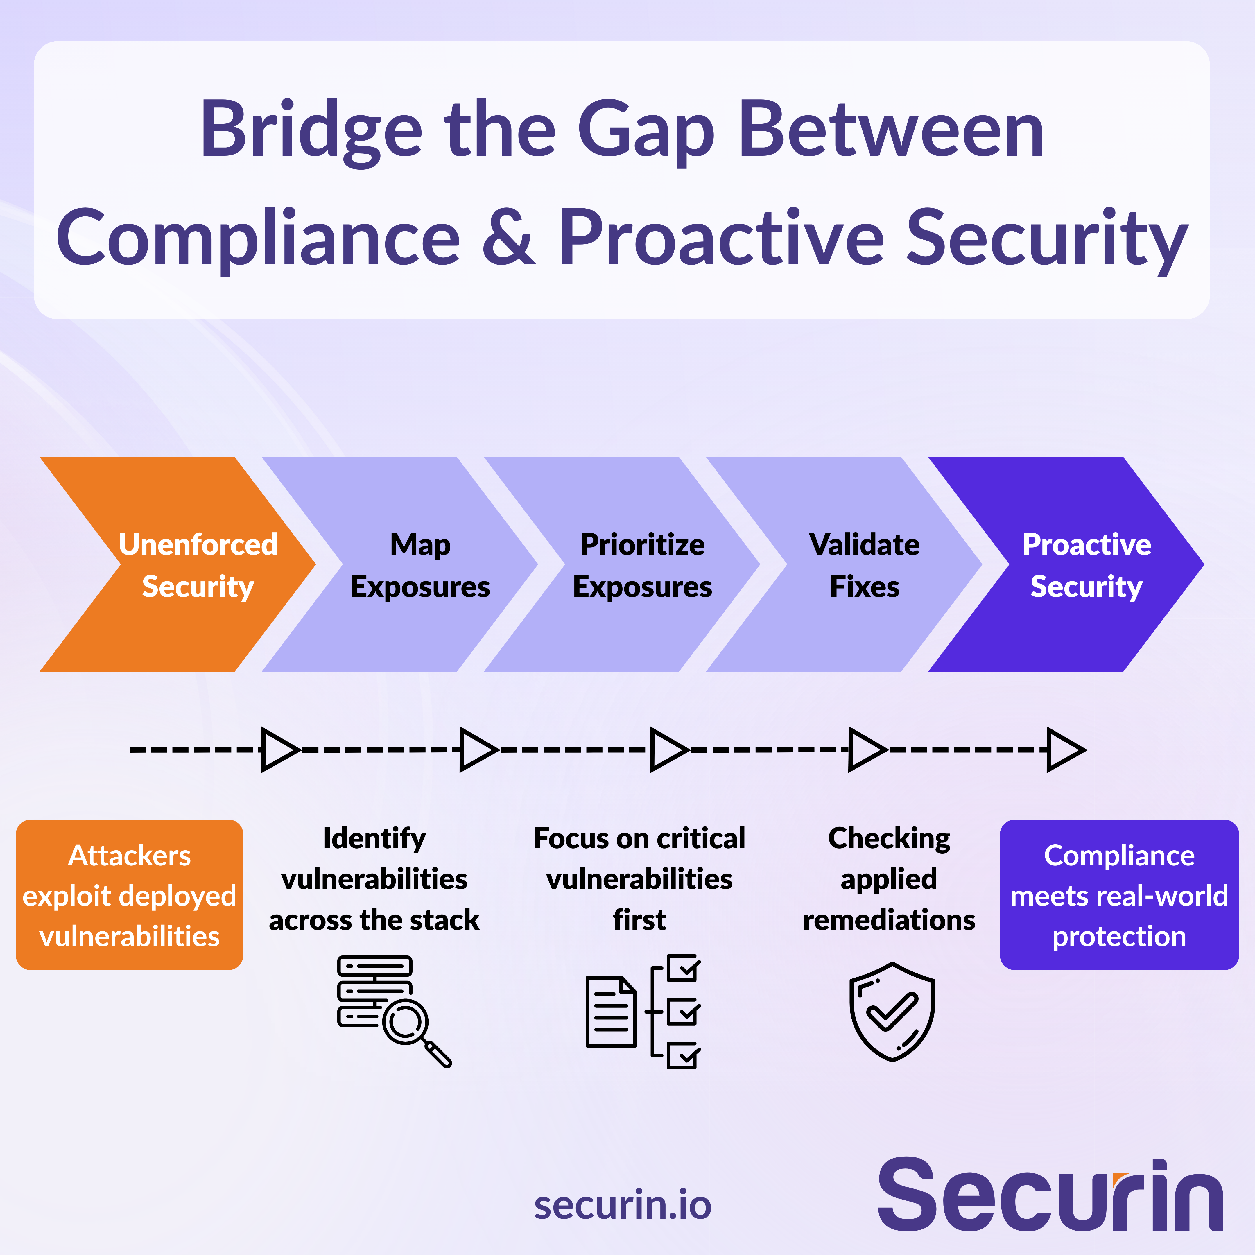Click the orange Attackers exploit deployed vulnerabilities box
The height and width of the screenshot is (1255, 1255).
tap(129, 895)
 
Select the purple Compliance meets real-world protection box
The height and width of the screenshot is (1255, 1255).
tap(1118, 895)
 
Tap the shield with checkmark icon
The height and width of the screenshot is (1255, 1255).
tap(892, 1011)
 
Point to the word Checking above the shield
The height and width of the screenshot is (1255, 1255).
tap(889, 839)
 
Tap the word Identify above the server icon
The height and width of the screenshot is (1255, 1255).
tap(374, 839)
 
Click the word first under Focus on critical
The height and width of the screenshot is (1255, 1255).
tap(639, 920)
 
